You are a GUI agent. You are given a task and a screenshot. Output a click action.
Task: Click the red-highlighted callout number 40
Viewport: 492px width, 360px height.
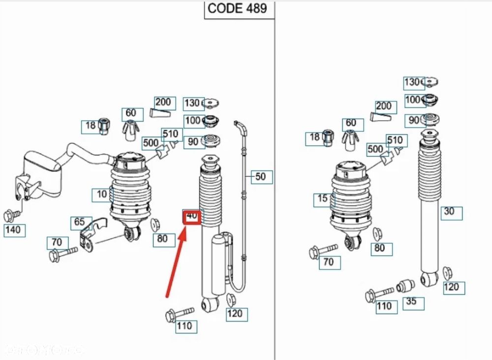coord(192,216)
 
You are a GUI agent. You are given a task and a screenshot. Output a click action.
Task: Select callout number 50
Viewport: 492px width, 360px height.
coord(261,176)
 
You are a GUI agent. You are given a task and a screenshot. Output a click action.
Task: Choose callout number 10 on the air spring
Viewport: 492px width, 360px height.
coord(102,194)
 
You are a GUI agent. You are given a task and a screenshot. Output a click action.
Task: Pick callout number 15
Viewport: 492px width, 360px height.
coord(323,199)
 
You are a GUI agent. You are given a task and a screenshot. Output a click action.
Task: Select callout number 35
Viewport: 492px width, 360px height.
coord(411,301)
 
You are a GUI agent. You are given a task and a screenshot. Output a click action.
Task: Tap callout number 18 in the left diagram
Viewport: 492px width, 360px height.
coord(91,126)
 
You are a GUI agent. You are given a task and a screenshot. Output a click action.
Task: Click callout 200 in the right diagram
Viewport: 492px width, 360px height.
coord(384,106)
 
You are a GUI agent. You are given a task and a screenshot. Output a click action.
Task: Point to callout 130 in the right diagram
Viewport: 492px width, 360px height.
coord(413,82)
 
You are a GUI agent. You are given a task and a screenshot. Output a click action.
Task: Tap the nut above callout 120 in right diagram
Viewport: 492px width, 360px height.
coord(448,272)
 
